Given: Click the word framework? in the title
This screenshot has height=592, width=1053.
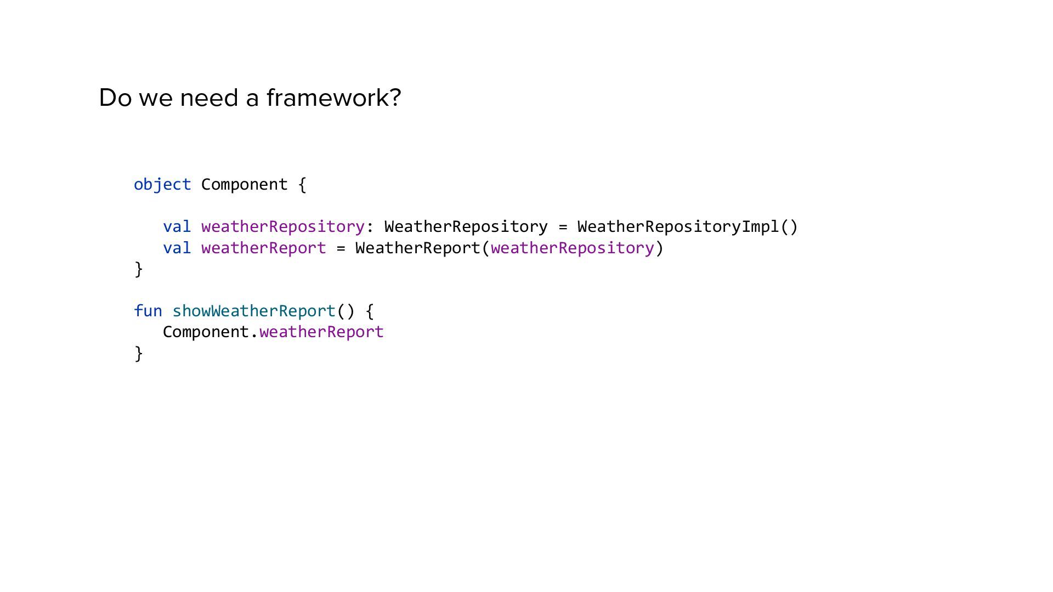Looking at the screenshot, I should coord(333,98).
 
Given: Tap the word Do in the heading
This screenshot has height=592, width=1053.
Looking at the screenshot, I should coord(115,98).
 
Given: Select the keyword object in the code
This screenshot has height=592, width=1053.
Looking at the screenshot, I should coord(162,185).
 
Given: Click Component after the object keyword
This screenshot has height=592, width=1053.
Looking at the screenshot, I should coord(244,185).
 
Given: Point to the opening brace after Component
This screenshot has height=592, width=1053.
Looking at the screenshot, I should coord(302,185).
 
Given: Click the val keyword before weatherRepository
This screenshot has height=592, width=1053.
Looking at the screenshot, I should coord(177,227).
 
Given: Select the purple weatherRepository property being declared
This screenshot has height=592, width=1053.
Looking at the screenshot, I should coord(282,227).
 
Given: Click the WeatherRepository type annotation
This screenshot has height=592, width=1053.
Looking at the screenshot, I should coord(466,227).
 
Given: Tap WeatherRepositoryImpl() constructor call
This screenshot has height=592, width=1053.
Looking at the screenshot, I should coord(687,227).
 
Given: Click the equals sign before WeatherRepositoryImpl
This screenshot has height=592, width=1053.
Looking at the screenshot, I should coord(562,227).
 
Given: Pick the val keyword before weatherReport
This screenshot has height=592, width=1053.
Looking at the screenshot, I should coord(177,248).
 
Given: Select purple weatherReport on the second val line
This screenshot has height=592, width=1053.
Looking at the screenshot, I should coord(263,248).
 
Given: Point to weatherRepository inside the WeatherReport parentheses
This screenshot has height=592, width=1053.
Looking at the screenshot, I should coord(572,248).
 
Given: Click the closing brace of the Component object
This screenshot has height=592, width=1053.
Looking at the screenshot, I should coord(139,269).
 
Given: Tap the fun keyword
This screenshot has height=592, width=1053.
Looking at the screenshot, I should coord(148,311).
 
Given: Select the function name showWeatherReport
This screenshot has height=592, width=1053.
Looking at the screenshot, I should coord(253,311).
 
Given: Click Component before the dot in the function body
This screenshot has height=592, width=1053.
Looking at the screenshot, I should coord(206,332).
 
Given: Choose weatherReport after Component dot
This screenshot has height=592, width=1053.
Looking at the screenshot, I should coord(321,332).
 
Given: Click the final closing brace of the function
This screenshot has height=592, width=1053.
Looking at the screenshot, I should coord(139,354).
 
